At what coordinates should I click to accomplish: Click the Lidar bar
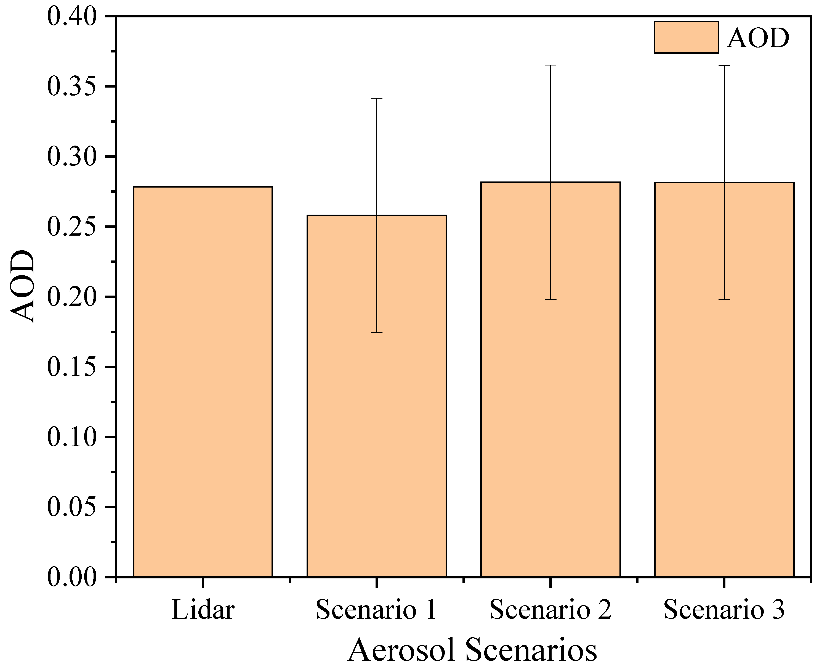point(203,381)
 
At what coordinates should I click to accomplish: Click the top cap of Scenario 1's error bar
point(377,98)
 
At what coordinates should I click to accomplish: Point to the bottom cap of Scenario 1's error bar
point(377,332)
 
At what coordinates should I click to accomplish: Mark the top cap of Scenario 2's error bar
point(550,65)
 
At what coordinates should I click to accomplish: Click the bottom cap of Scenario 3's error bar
point(724,299)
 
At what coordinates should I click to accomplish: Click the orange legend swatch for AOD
point(686,37)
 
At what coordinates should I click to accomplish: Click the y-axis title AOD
point(22,286)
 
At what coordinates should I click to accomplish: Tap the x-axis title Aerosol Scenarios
point(472,650)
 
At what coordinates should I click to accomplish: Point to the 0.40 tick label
point(72,17)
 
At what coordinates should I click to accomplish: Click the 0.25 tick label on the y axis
point(72,226)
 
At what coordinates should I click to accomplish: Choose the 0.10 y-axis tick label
point(72,437)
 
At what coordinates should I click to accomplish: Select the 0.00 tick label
point(72,577)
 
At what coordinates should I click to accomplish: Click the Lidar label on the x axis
point(203,610)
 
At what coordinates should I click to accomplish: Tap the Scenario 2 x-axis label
point(550,610)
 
